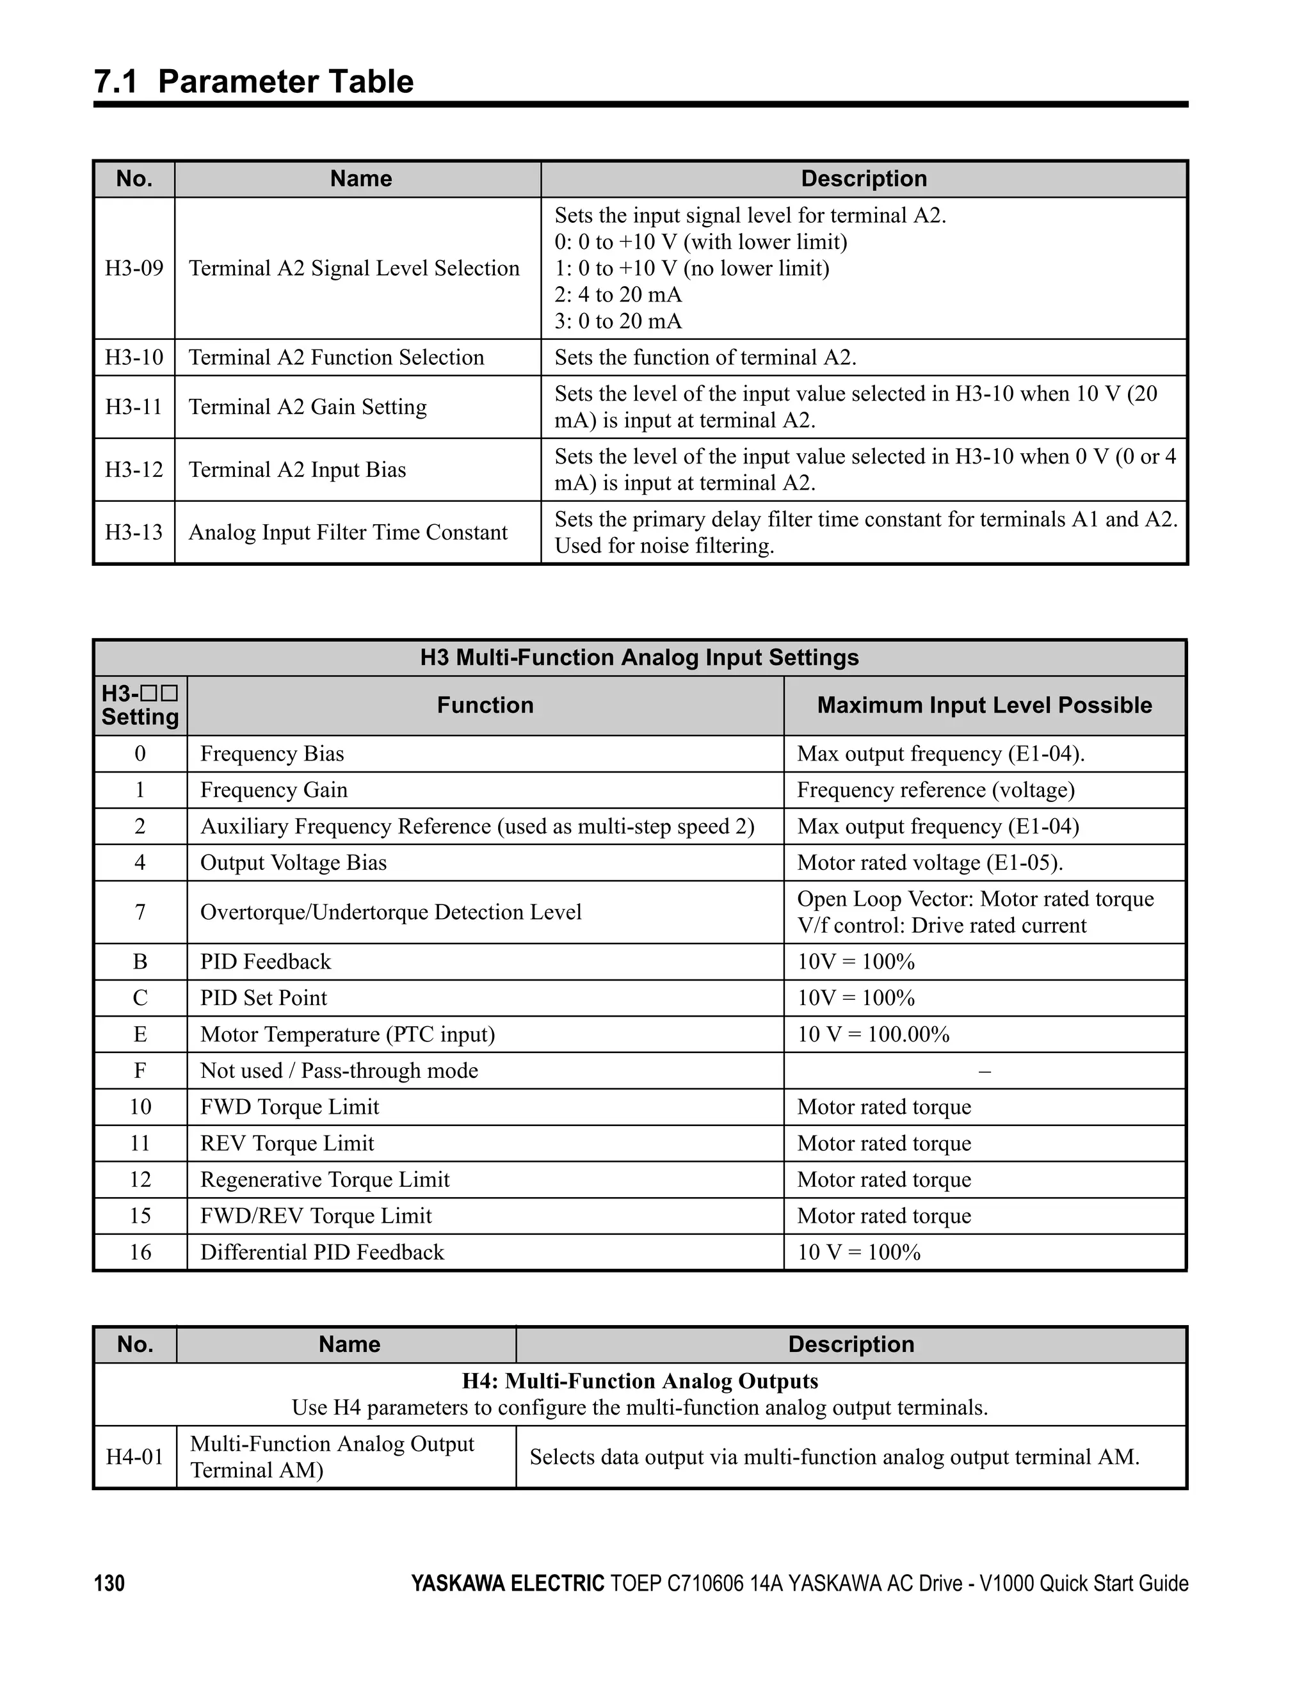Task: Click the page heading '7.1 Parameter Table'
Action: point(253,82)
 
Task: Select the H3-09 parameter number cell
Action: point(134,268)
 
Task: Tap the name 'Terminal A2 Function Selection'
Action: point(336,357)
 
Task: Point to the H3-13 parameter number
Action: point(134,532)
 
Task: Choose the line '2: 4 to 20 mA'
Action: point(618,295)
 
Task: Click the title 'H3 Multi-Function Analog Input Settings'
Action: point(639,658)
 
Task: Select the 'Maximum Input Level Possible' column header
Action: point(984,705)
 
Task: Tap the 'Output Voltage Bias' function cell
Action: point(293,862)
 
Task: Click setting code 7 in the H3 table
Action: point(140,912)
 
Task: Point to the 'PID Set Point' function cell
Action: point(264,998)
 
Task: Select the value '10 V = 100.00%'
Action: point(873,1034)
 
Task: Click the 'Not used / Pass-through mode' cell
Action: point(339,1070)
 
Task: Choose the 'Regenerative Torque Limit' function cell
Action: point(325,1179)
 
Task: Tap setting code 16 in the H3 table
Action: point(140,1251)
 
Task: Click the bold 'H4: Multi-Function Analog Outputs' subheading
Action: point(640,1381)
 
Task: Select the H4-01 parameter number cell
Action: point(135,1457)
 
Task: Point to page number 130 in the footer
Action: point(109,1583)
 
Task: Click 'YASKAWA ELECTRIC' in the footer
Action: point(507,1583)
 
